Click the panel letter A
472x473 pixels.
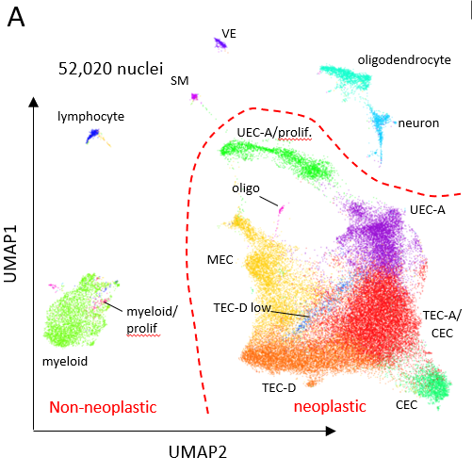tap(16, 17)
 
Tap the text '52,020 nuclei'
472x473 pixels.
tap(110, 69)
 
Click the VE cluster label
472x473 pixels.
tap(229, 34)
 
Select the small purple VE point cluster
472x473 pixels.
tap(220, 43)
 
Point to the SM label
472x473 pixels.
tap(180, 81)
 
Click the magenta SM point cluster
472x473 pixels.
tap(195, 96)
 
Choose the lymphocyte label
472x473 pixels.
tap(91, 117)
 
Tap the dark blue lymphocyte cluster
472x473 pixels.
tap(93, 135)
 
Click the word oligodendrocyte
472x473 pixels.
tap(404, 60)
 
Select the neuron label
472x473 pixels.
tap(418, 123)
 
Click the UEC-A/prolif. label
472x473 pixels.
tap(274, 133)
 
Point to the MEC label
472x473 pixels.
tap(220, 260)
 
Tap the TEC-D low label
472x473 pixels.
tap(242, 308)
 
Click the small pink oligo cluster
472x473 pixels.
tap(281, 208)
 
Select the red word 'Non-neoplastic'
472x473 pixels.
tap(103, 407)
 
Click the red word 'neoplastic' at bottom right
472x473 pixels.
tap(330, 407)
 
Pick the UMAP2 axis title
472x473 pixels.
tap(198, 452)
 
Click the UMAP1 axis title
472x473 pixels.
tap(10, 253)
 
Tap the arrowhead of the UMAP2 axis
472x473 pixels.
tap(331, 431)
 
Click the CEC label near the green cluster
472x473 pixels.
tap(407, 405)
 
